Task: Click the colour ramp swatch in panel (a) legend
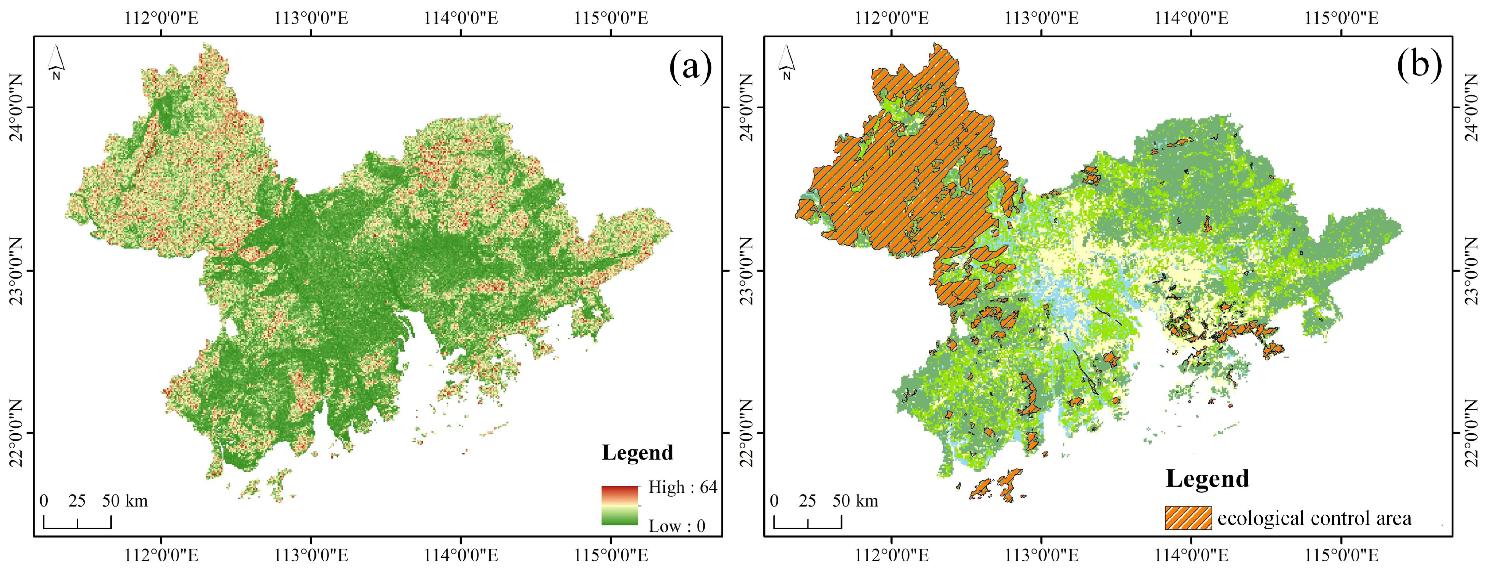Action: pyautogui.click(x=620, y=505)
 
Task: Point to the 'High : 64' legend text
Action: pyautogui.click(x=682, y=488)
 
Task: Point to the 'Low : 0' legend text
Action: pyautogui.click(x=677, y=526)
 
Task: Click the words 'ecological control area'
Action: pyautogui.click(x=1315, y=518)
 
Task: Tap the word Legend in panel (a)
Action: pyautogui.click(x=637, y=453)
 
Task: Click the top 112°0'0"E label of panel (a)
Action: pyautogui.click(x=162, y=18)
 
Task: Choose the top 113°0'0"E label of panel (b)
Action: pyautogui.click(x=1042, y=18)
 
